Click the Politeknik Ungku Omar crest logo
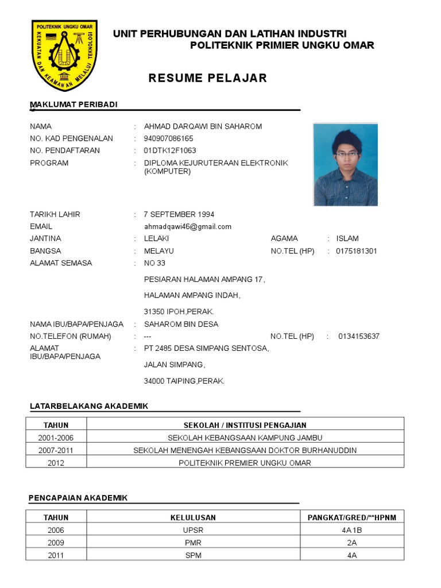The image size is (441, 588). [x=64, y=56]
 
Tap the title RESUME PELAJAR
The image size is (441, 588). [x=208, y=78]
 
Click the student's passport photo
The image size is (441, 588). [x=345, y=164]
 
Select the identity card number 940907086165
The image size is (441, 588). [x=168, y=138]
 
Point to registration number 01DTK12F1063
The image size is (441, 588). [x=170, y=150]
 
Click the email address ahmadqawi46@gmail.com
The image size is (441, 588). [x=187, y=226]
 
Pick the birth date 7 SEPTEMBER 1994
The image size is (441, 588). [x=179, y=214]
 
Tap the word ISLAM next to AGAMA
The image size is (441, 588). [x=347, y=238]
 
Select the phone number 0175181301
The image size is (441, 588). [x=357, y=251]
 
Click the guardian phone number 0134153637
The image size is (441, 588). [x=359, y=336]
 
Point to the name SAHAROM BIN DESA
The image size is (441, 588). [x=181, y=324]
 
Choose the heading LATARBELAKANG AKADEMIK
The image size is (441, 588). [x=89, y=406]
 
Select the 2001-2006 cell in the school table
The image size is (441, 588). [x=56, y=438]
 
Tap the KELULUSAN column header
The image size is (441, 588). [x=193, y=517]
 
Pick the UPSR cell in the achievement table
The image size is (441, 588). [x=193, y=530]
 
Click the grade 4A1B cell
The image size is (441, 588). [x=351, y=530]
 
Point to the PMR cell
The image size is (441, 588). [x=193, y=543]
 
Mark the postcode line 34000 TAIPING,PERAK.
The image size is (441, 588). [x=184, y=381]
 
